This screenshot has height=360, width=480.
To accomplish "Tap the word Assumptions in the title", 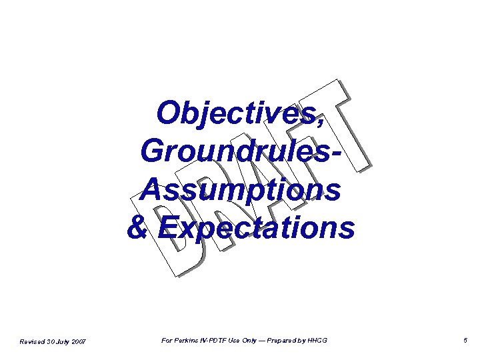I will (x=241, y=190).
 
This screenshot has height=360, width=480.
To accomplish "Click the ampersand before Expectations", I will (x=137, y=227).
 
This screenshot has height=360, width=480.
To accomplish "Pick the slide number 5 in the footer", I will (x=465, y=341).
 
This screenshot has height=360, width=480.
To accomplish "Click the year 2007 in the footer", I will (x=78, y=341).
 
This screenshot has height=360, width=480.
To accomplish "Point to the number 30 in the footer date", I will (x=49, y=341).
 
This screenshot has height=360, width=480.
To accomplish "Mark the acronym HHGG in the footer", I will (x=317, y=341).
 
